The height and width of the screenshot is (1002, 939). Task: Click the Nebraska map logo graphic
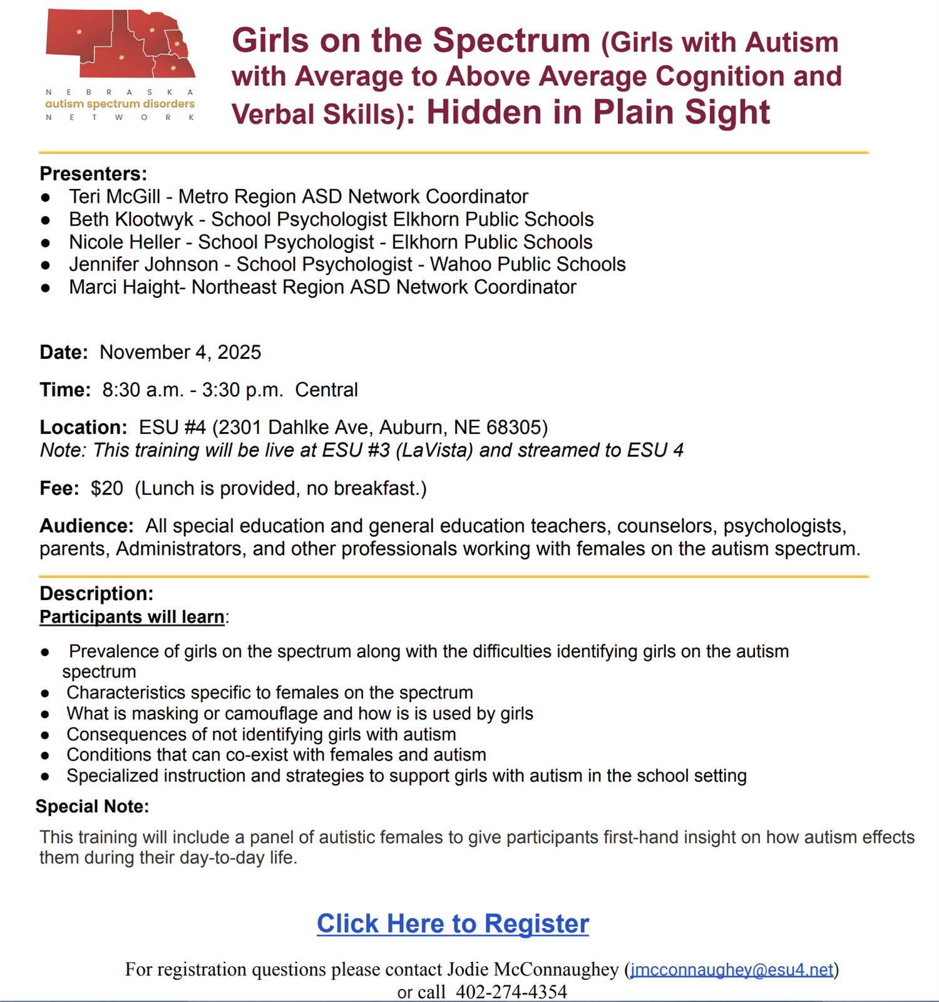(x=120, y=44)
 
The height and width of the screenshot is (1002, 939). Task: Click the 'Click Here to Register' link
(x=453, y=924)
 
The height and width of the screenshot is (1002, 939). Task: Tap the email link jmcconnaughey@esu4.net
(x=731, y=969)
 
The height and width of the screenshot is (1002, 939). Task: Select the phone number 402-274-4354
(x=511, y=992)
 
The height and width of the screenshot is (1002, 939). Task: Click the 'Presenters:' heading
(x=93, y=173)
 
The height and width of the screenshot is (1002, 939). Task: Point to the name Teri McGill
(x=115, y=197)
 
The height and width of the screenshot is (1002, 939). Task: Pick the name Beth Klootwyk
(x=131, y=219)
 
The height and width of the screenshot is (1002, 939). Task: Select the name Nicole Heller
(x=125, y=242)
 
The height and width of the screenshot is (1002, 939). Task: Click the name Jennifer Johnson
(x=143, y=264)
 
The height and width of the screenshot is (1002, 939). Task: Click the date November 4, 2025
(x=180, y=352)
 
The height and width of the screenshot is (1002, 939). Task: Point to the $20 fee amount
(x=106, y=488)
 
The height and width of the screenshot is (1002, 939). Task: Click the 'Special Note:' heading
(x=92, y=806)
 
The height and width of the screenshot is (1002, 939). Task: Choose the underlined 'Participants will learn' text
(x=131, y=617)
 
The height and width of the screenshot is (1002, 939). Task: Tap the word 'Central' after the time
(x=326, y=390)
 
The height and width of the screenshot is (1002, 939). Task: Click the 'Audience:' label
(x=86, y=525)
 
